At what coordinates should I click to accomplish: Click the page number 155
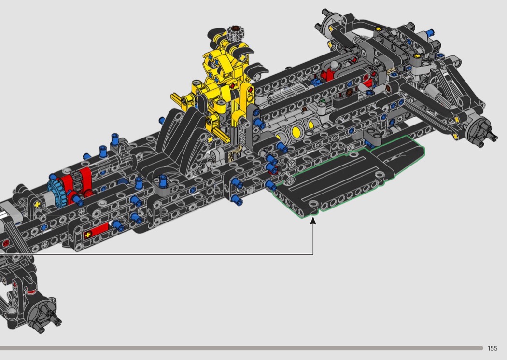493,348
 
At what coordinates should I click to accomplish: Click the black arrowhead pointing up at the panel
313,221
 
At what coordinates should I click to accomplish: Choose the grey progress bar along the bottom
241,348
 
